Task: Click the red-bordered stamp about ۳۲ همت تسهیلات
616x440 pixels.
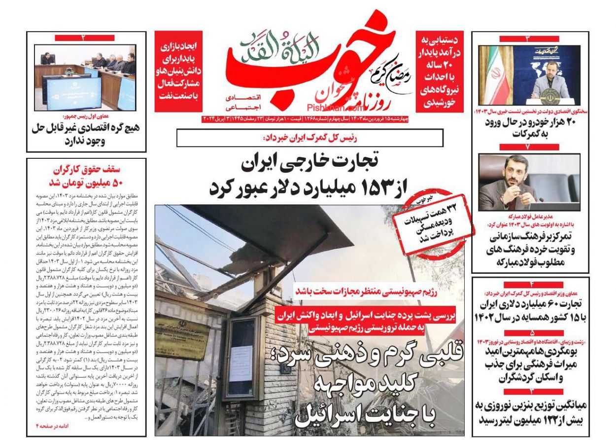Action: click(434, 222)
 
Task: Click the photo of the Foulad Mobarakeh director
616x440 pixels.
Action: click(529, 183)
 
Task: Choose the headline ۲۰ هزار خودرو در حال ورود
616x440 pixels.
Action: click(530, 128)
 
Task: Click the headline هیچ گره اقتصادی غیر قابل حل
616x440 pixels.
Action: click(86, 134)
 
